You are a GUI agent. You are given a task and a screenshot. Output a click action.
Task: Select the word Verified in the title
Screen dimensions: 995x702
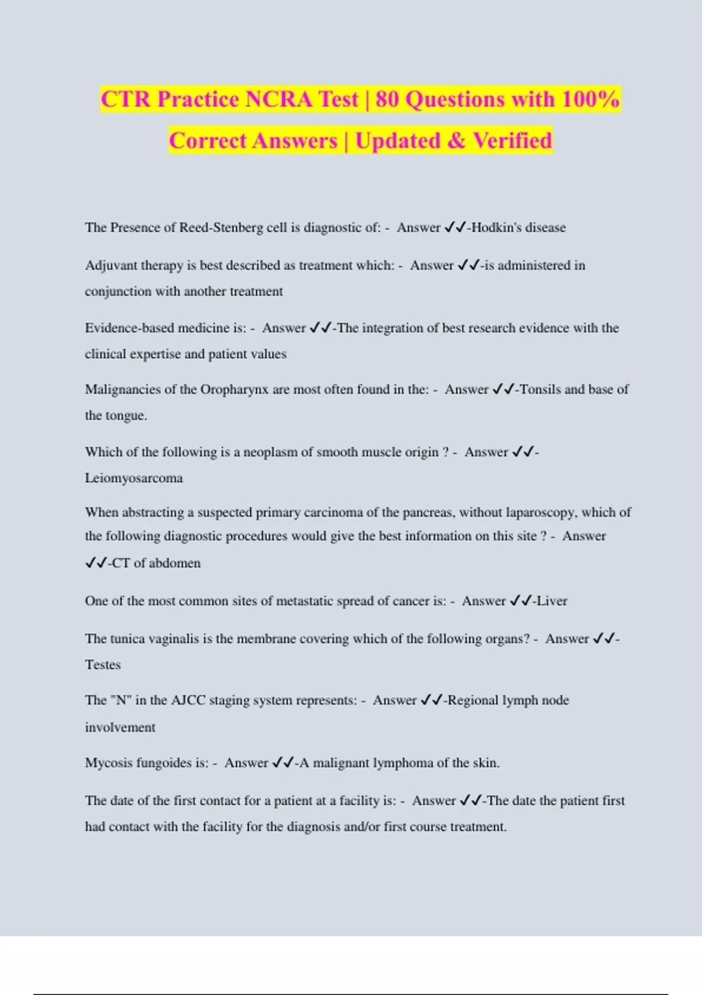(x=512, y=141)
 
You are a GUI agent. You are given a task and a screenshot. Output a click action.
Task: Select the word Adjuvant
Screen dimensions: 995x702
(x=110, y=266)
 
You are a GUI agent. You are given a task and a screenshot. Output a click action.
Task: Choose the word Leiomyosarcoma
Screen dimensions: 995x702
(x=134, y=478)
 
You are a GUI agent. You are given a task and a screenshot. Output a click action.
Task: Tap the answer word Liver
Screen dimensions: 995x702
(x=552, y=601)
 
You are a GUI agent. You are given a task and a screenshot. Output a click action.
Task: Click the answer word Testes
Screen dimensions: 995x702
(x=103, y=665)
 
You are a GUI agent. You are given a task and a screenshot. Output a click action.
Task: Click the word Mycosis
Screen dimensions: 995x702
(x=109, y=763)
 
